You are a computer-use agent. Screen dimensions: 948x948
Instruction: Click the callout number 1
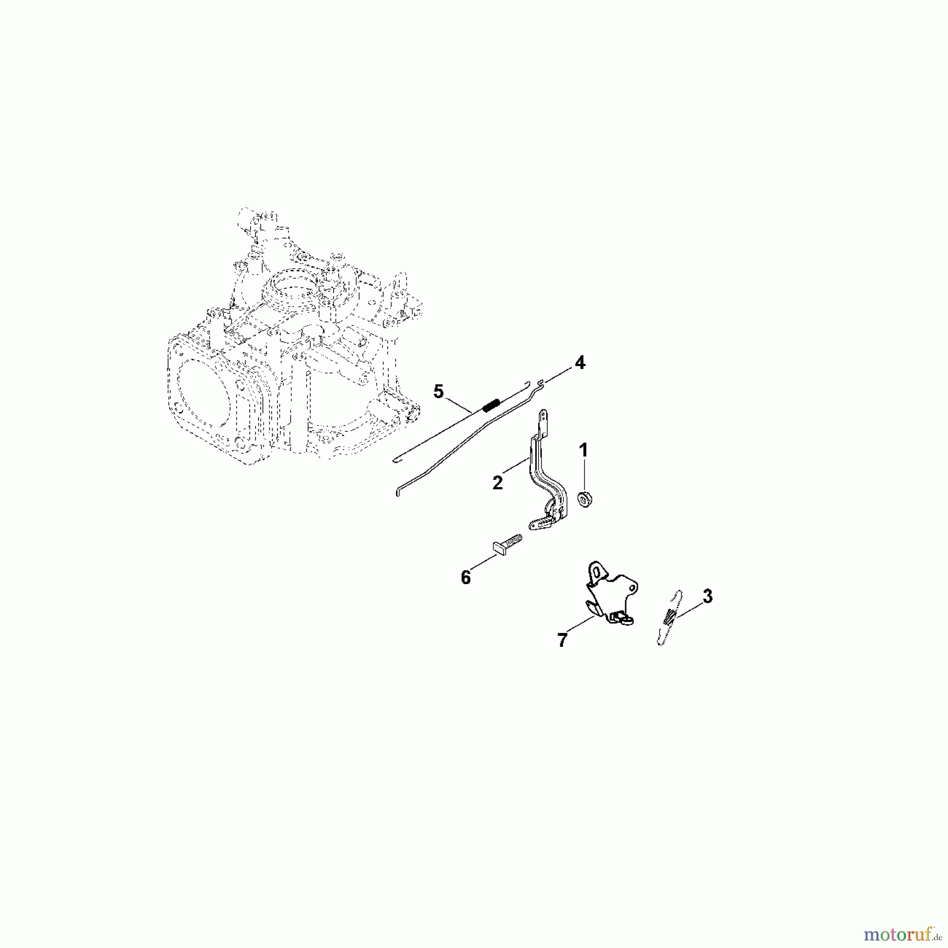click(583, 450)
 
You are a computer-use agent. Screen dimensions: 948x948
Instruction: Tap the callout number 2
click(498, 482)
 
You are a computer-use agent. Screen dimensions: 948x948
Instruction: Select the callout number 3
click(707, 597)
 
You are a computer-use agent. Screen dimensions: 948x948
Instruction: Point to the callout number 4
click(579, 362)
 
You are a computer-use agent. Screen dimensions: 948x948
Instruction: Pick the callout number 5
click(439, 392)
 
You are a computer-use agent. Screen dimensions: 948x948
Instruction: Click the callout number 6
click(466, 578)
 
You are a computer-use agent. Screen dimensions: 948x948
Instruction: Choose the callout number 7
click(562, 640)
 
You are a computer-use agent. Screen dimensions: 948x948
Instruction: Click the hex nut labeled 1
click(583, 498)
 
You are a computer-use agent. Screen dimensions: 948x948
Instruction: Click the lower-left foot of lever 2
click(538, 524)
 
